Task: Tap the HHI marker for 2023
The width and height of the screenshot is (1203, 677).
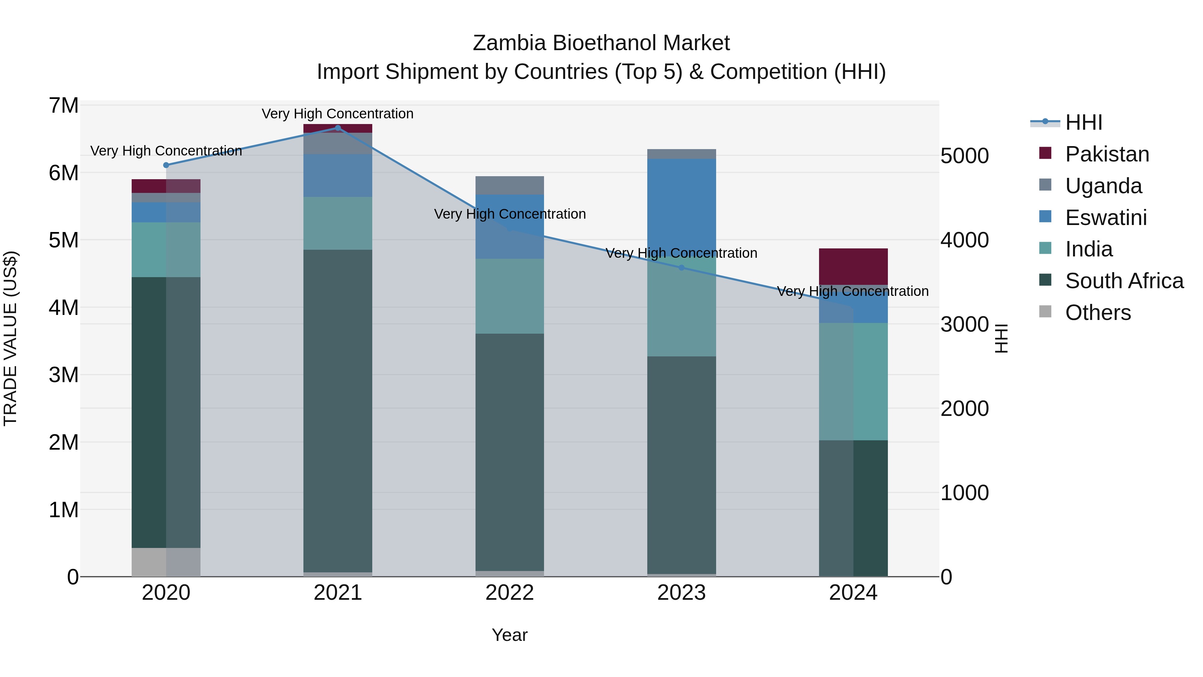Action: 681,268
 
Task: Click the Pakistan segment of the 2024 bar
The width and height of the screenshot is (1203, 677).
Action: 853,266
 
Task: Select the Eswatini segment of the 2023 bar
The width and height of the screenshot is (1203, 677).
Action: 681,206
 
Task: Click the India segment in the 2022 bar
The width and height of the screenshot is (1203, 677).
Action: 510,296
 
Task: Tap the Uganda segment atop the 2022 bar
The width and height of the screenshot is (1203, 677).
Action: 510,185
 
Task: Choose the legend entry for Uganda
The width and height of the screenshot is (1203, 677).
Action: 1103,186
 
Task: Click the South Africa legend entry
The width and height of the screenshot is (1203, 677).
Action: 1123,281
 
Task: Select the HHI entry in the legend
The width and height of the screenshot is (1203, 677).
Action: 1083,122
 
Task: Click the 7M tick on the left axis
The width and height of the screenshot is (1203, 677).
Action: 64,106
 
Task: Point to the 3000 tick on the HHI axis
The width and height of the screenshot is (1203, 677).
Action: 964,324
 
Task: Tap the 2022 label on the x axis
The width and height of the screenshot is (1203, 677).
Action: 510,593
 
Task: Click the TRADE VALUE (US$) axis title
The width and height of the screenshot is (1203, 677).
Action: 10,338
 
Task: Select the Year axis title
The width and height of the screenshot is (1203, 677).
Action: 510,635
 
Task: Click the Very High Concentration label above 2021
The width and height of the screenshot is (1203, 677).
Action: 337,114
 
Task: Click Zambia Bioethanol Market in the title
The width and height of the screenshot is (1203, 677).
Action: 601,43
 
